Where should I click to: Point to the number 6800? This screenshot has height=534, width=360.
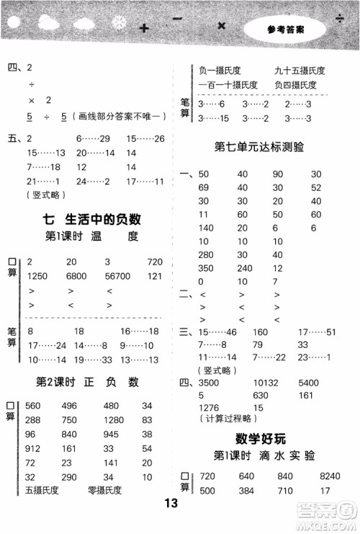tap(76, 276)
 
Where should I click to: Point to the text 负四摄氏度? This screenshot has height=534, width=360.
tap(295, 85)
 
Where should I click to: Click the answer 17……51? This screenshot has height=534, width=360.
tap(321, 332)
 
